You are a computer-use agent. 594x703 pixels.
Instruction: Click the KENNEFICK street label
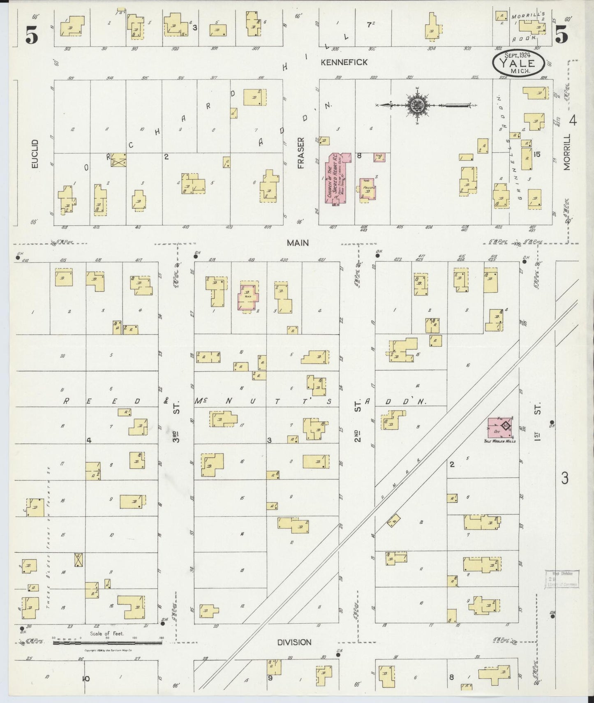click(344, 62)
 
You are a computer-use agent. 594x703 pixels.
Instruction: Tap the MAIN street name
click(298, 243)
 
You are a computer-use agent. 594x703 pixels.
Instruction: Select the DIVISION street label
click(294, 642)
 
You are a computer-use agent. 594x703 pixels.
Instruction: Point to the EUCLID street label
click(35, 153)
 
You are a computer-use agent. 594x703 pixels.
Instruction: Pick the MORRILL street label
click(567, 152)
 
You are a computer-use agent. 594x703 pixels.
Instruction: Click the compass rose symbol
click(417, 105)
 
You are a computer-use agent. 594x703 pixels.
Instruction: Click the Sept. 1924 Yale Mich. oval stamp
click(518, 63)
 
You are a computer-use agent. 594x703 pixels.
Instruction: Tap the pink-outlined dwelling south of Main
click(248, 297)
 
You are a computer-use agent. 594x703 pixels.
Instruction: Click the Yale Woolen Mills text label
click(500, 441)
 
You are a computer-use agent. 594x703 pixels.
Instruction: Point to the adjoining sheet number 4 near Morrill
click(573, 120)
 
